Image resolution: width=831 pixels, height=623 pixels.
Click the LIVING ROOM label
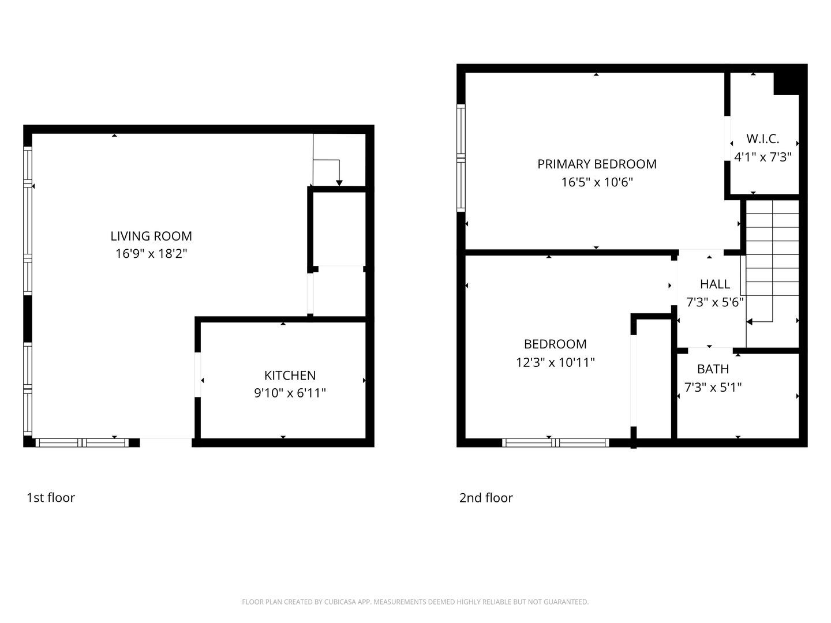pyautogui.click(x=151, y=236)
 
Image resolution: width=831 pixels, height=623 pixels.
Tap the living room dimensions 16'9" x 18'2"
pyautogui.click(x=151, y=254)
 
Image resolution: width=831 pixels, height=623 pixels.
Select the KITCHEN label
pyautogui.click(x=290, y=376)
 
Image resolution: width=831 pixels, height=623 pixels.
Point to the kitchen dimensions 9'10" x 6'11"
pyautogui.click(x=290, y=393)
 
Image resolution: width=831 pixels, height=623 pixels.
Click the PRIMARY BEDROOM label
pyautogui.click(x=597, y=164)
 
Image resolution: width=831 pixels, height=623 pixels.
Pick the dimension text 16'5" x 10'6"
pyautogui.click(x=597, y=183)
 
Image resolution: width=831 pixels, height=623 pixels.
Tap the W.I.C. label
pyautogui.click(x=762, y=139)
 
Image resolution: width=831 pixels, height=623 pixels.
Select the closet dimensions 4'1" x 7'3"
pyautogui.click(x=762, y=157)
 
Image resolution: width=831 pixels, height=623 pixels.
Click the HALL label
pyautogui.click(x=714, y=284)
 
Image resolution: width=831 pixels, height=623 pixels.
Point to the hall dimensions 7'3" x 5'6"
pyautogui.click(x=714, y=302)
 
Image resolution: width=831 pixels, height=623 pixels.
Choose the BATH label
pyautogui.click(x=713, y=369)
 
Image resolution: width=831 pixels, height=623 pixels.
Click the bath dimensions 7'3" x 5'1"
pyautogui.click(x=713, y=388)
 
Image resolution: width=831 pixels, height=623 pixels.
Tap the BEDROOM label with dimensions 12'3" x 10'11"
pyautogui.click(x=555, y=344)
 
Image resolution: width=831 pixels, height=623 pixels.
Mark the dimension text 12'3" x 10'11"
pyautogui.click(x=555, y=363)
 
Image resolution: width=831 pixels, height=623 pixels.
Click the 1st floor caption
pyautogui.click(x=51, y=498)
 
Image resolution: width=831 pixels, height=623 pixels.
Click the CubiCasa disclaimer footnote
pyautogui.click(x=415, y=602)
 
